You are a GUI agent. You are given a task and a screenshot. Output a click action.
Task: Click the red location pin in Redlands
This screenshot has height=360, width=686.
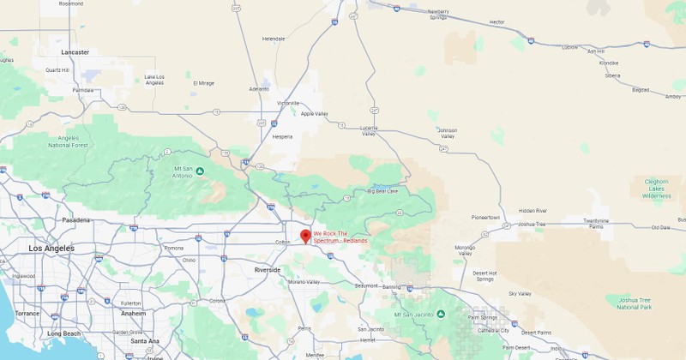point(305,236)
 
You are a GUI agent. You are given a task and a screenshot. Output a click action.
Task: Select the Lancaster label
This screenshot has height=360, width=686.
point(75,52)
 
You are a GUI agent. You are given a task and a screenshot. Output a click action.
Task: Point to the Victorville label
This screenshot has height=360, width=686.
point(288,103)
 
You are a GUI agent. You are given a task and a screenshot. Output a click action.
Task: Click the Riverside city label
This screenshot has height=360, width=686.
point(268,270)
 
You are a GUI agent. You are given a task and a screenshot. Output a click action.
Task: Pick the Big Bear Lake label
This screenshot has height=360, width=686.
point(383,191)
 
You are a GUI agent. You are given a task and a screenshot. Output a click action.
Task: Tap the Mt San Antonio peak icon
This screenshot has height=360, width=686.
point(199,171)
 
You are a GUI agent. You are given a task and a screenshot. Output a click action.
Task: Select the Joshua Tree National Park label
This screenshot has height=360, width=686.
point(635,303)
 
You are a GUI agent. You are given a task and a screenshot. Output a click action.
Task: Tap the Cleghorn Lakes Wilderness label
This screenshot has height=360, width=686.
point(657,189)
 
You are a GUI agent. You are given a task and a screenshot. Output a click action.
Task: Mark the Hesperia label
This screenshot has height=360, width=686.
point(282,136)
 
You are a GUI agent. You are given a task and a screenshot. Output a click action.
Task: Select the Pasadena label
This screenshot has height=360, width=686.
point(75,220)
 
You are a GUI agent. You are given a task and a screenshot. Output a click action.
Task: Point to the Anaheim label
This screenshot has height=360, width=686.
point(133,314)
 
